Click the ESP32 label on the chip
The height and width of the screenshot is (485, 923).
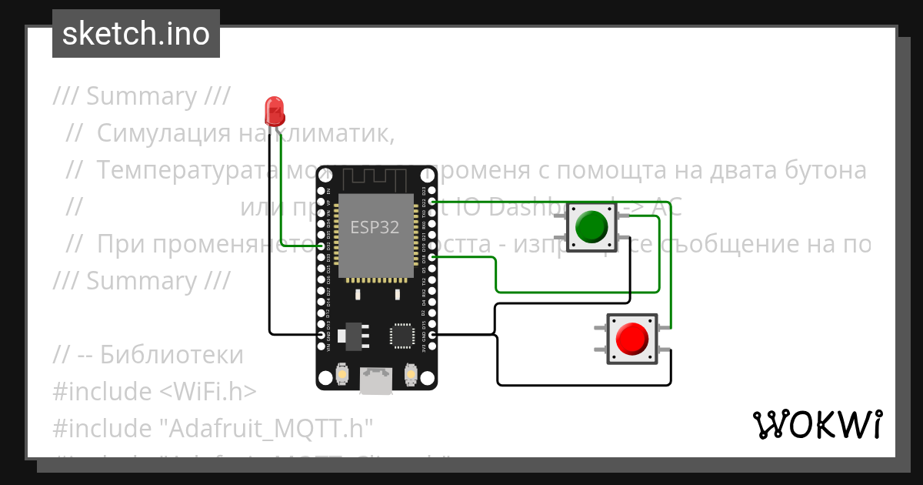375,227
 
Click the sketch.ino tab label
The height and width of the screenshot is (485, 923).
136,34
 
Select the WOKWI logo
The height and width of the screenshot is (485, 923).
817,424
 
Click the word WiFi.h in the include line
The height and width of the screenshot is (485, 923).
208,391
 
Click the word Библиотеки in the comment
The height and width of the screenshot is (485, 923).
172,356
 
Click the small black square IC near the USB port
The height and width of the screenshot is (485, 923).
402,334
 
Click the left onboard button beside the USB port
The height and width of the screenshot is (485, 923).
342,375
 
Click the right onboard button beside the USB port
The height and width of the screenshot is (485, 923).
410,375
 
